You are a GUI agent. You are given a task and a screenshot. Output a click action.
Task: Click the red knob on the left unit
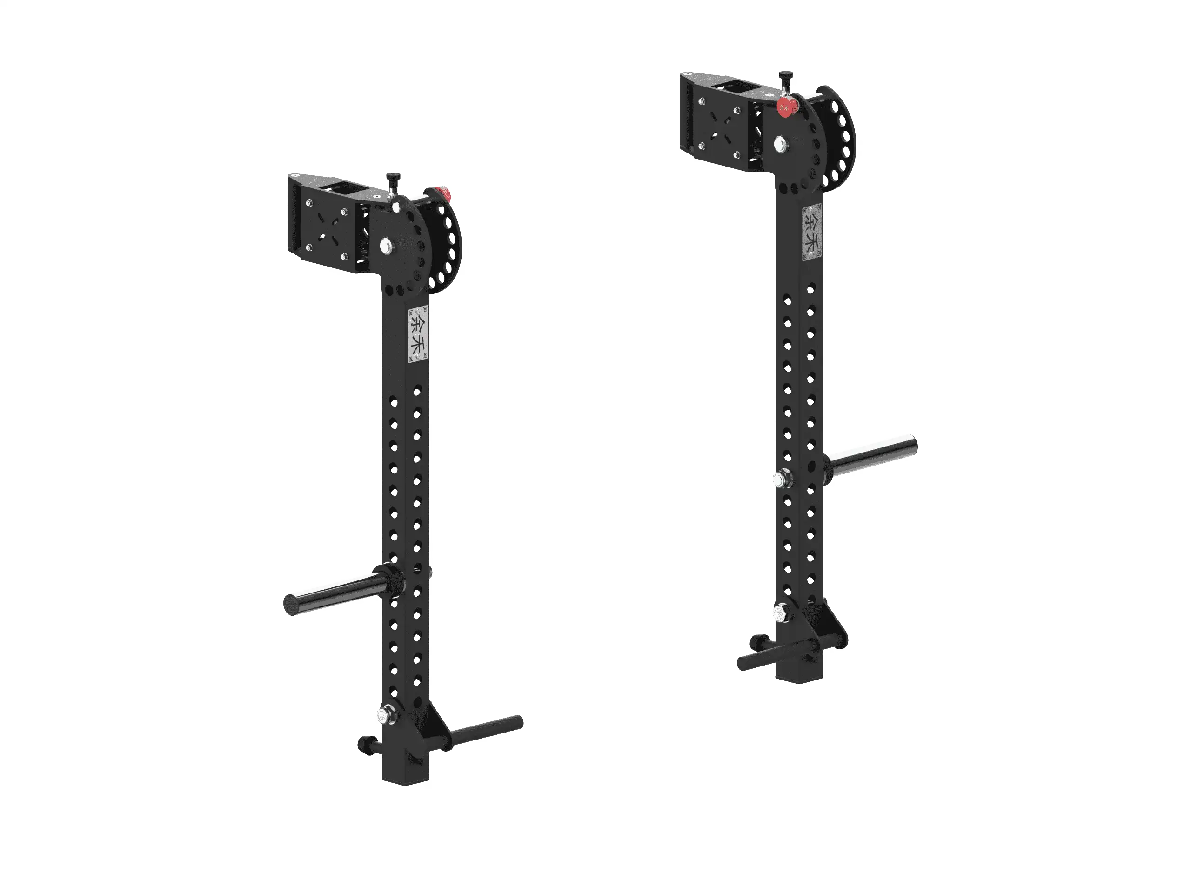(442, 192)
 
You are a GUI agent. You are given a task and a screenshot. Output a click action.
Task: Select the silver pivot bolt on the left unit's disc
(386, 246)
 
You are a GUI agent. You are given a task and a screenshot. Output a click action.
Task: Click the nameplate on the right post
(812, 233)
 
